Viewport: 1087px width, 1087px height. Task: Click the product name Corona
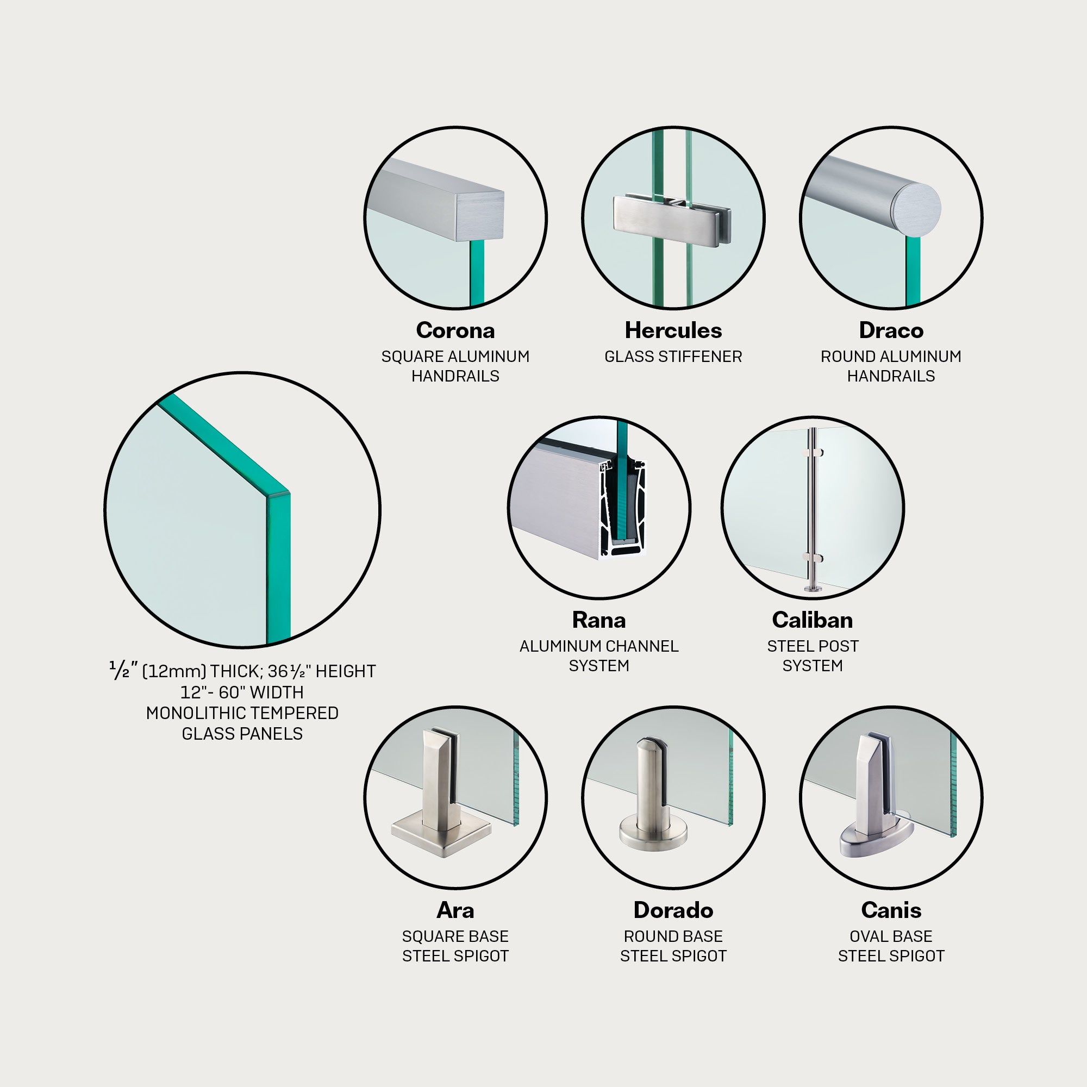[455, 330]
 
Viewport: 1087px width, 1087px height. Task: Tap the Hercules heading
[673, 330]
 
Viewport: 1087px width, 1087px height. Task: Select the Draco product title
[891, 330]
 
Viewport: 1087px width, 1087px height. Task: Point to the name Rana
[598, 620]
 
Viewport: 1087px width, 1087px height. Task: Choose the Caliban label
[813, 620]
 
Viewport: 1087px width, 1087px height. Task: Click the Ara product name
[455, 910]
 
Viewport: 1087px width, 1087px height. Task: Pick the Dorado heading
[673, 910]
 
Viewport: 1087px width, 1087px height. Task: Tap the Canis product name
[891, 910]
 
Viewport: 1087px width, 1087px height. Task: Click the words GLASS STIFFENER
[673, 357]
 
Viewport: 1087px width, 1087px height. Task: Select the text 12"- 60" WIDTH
[242, 692]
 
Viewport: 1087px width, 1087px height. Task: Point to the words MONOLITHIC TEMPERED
[242, 713]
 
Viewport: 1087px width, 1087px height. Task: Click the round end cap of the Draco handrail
[916, 207]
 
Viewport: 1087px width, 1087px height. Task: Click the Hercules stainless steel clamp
[672, 220]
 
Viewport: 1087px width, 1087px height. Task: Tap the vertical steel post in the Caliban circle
[813, 509]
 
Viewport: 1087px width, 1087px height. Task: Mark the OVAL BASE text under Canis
[891, 936]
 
